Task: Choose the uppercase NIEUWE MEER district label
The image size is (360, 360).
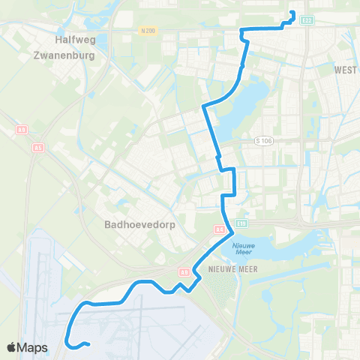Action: coord(218,268)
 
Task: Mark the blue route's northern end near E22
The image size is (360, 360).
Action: coord(292,12)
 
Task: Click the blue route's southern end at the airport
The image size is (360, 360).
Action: coord(88,345)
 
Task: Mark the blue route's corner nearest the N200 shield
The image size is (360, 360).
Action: coord(240,30)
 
